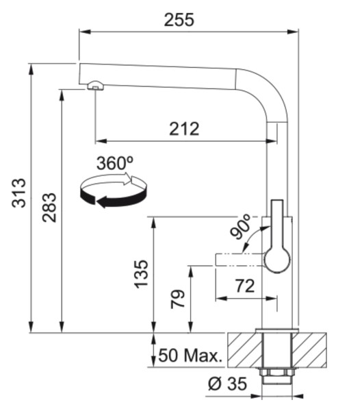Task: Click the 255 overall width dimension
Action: tap(179, 20)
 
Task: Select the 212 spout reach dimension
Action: tap(184, 129)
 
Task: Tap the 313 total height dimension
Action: tap(19, 192)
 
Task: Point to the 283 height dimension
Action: tap(49, 208)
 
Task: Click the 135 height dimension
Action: tap(142, 274)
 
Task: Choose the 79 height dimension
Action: tap(178, 299)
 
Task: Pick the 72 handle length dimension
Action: tap(245, 286)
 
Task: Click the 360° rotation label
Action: tap(115, 163)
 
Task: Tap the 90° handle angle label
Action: tap(240, 227)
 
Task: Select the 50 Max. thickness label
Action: tap(190, 356)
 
